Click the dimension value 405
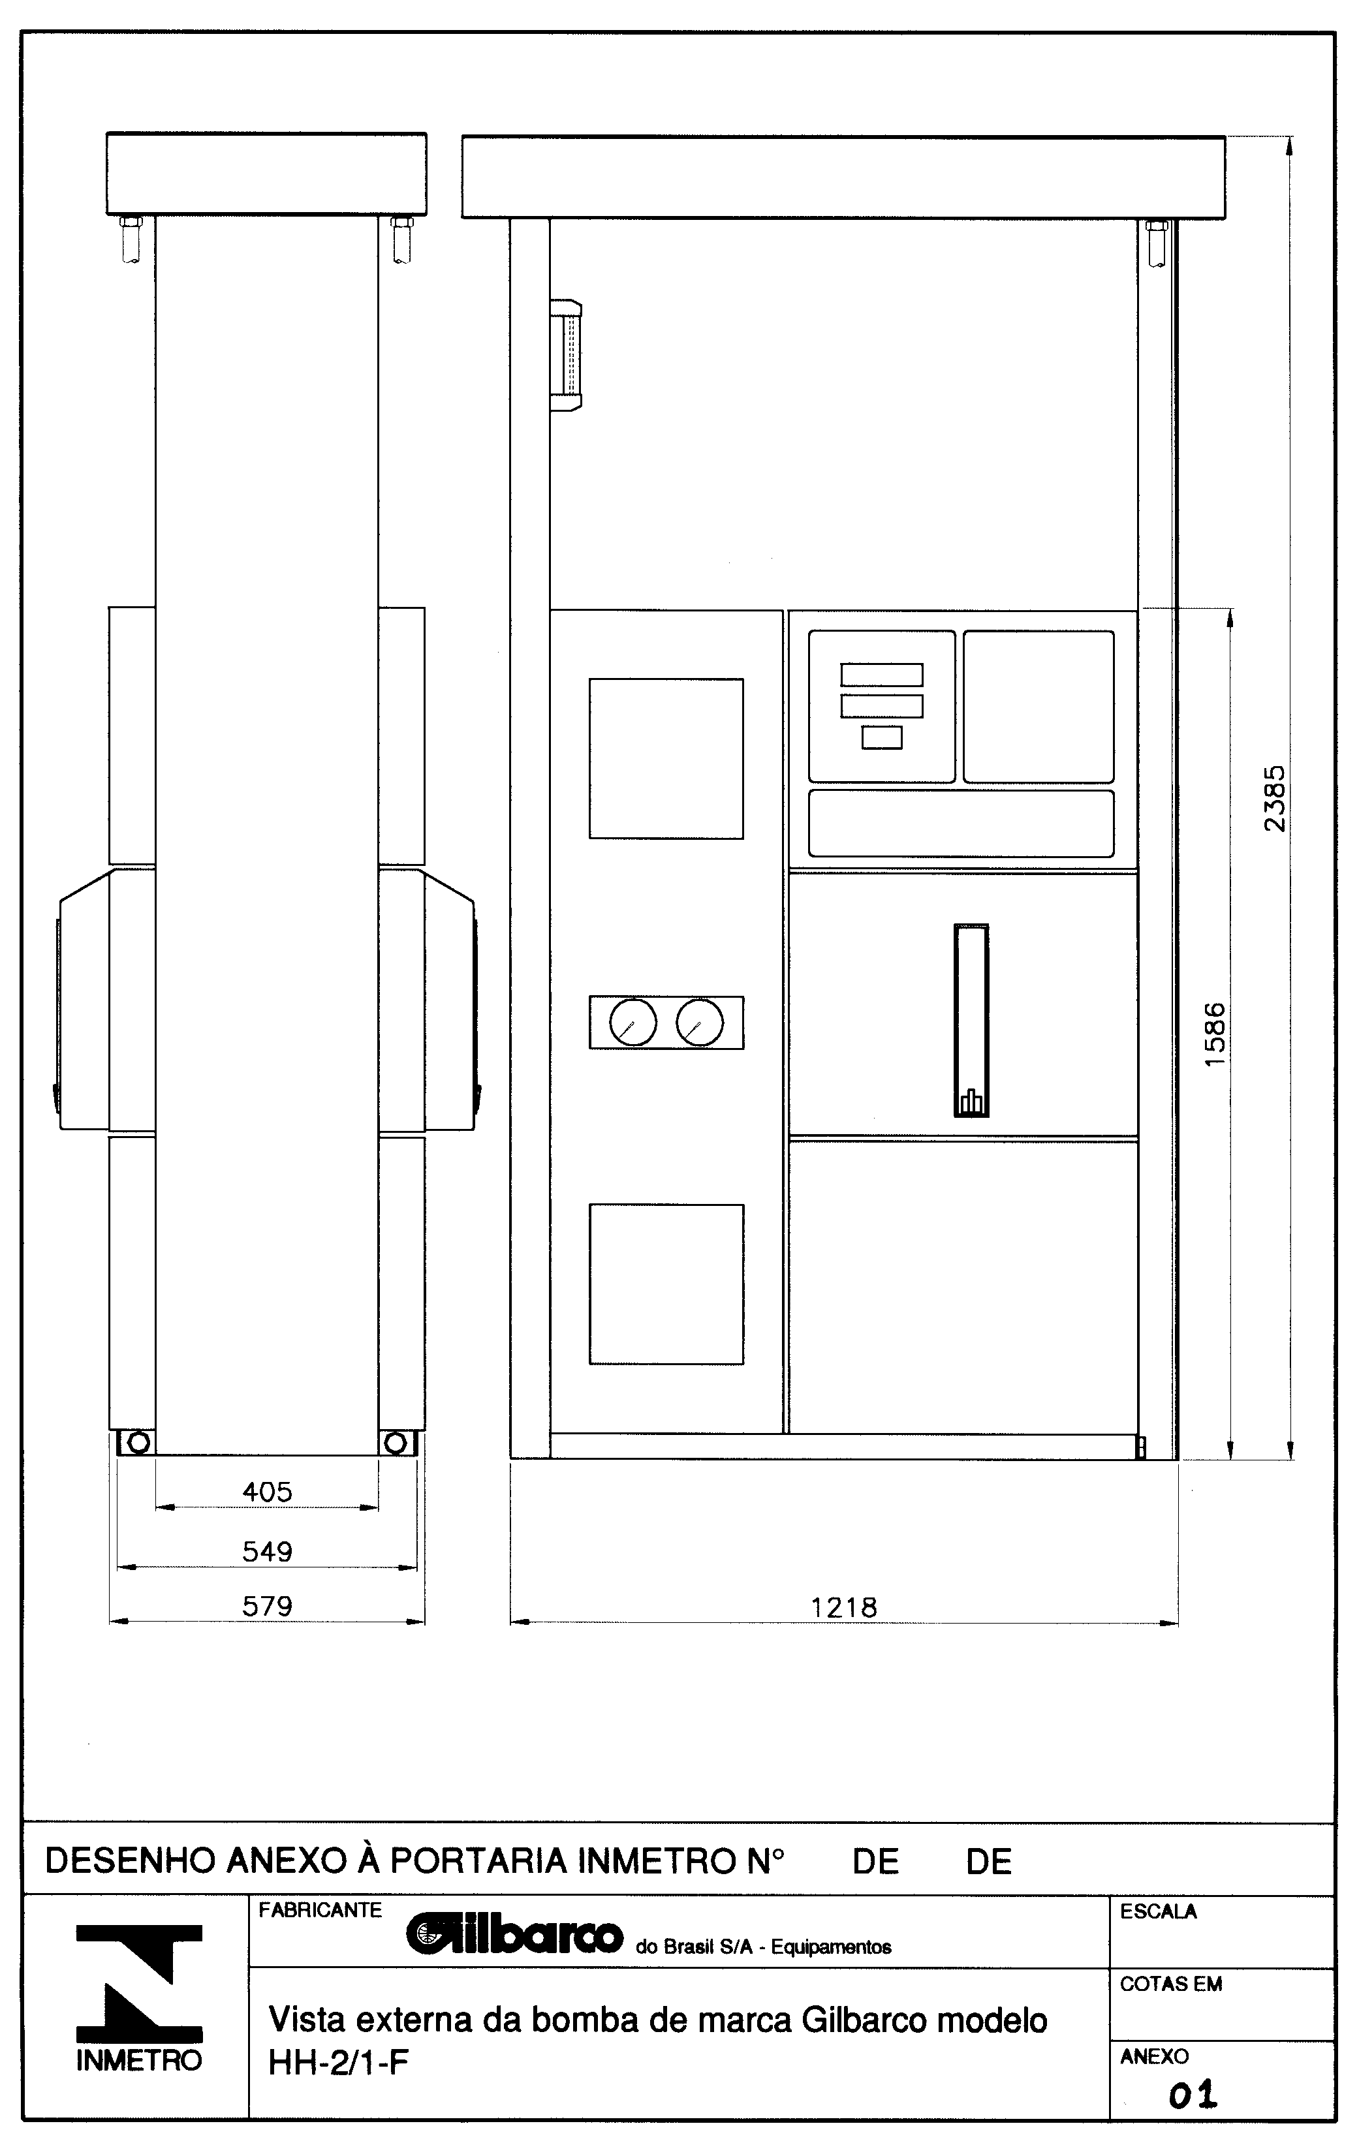[x=267, y=1492]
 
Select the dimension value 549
[x=267, y=1552]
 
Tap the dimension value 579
[x=267, y=1607]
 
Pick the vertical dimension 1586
[x=1214, y=1035]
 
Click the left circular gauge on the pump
[x=633, y=1023]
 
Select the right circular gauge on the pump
[x=700, y=1023]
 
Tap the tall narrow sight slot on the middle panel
[x=971, y=1020]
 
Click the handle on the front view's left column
[x=566, y=355]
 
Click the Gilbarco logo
[x=514, y=1935]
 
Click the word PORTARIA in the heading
[x=478, y=1861]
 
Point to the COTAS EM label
[x=1170, y=1984]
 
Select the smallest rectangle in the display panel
[x=882, y=738]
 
